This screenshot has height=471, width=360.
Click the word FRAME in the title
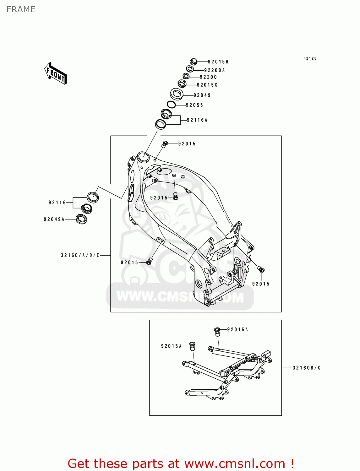tap(21, 9)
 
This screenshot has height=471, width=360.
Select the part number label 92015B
tap(218, 62)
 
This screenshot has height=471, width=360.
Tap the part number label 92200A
tap(215, 70)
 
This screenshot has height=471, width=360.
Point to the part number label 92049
tap(202, 95)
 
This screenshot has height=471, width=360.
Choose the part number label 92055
tap(194, 105)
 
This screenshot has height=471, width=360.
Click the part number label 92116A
tap(197, 120)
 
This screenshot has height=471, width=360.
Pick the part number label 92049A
tap(54, 219)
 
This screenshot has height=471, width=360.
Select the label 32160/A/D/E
tap(80, 255)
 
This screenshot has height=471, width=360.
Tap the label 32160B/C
tap(307, 368)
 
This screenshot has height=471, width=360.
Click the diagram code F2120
tap(310, 58)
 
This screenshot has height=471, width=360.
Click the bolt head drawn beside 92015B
tap(194, 61)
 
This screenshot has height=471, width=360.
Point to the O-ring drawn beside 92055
tap(171, 104)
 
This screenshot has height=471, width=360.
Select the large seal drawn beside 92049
tap(177, 94)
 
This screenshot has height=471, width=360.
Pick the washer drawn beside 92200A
tap(190, 69)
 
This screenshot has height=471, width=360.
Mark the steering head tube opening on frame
tap(143, 157)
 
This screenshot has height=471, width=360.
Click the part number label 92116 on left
tap(57, 203)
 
